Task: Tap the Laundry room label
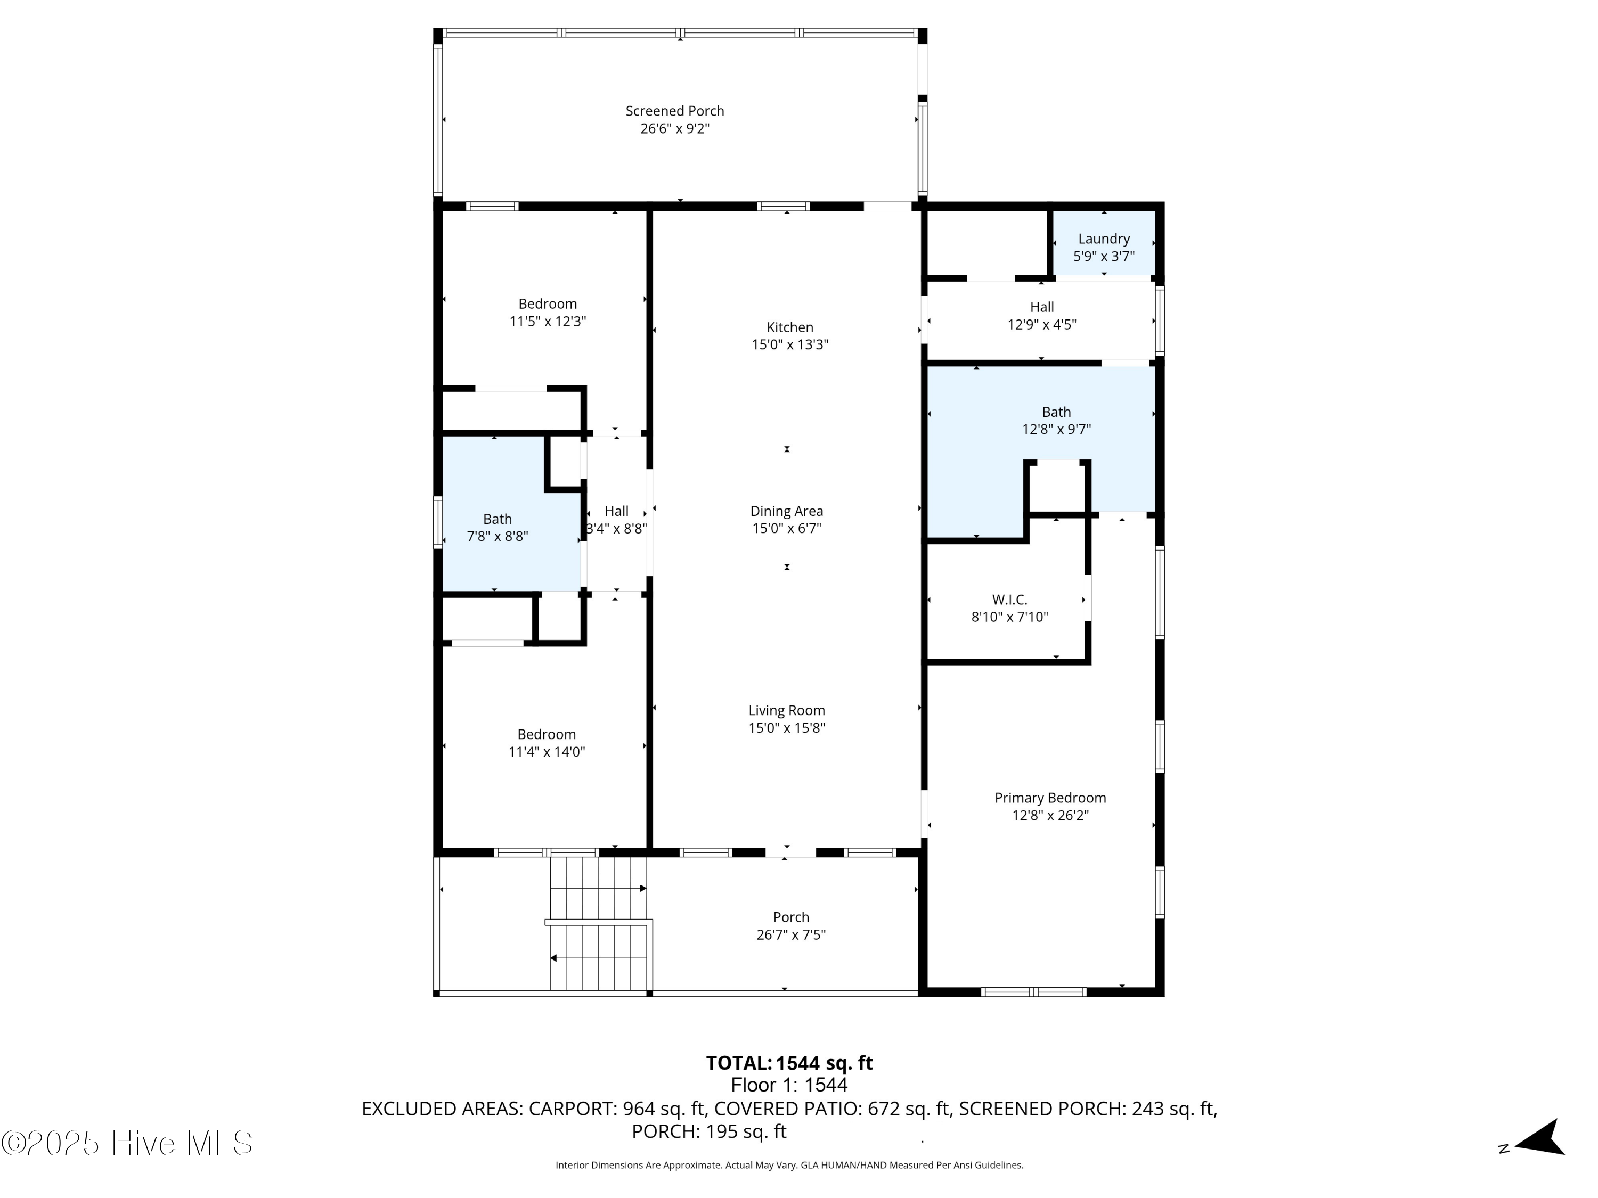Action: pyautogui.click(x=1103, y=239)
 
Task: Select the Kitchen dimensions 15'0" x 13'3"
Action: pyautogui.click(x=789, y=345)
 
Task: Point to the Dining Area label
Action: pyautogui.click(x=786, y=511)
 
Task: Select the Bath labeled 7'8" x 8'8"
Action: pyautogui.click(x=497, y=519)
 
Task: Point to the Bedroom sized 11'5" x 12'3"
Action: pyautogui.click(x=547, y=304)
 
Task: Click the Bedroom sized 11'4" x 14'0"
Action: pyautogui.click(x=546, y=734)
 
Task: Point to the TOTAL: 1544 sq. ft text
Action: pyautogui.click(x=789, y=1063)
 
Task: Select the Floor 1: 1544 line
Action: pyautogui.click(x=789, y=1085)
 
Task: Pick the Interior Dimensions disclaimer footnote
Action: pyautogui.click(x=789, y=1165)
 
